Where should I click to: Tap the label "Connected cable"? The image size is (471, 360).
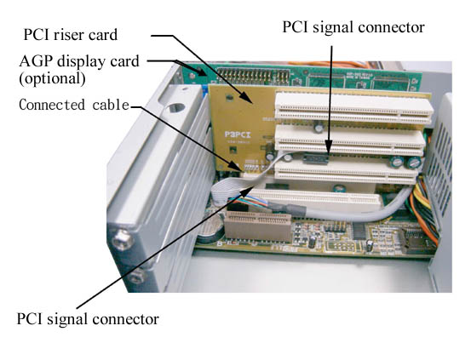tap(73, 105)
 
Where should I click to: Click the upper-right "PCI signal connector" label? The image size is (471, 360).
tap(353, 27)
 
